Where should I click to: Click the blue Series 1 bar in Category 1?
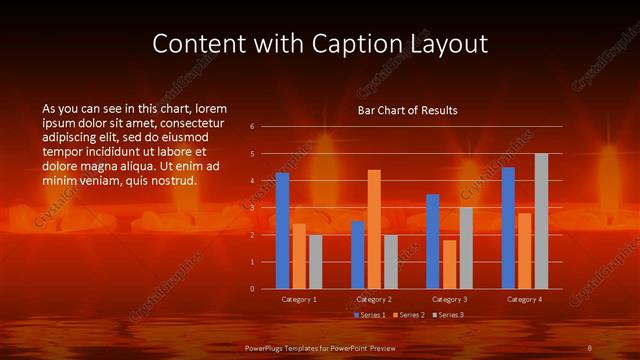(282, 231)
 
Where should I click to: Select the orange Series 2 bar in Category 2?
(374, 229)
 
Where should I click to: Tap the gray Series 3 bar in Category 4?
(541, 221)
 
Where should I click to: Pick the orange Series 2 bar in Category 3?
(449, 264)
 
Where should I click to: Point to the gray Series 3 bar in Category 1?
(315, 262)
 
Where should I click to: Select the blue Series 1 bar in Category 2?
(357, 255)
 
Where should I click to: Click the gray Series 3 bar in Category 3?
(465, 248)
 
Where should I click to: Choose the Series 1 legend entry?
(371, 315)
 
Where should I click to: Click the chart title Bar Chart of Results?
(407, 111)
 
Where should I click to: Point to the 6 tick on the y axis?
(252, 126)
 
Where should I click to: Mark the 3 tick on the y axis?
(252, 208)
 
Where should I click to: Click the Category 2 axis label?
(374, 299)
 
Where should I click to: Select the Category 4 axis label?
(525, 299)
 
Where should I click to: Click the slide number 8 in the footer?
(590, 346)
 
